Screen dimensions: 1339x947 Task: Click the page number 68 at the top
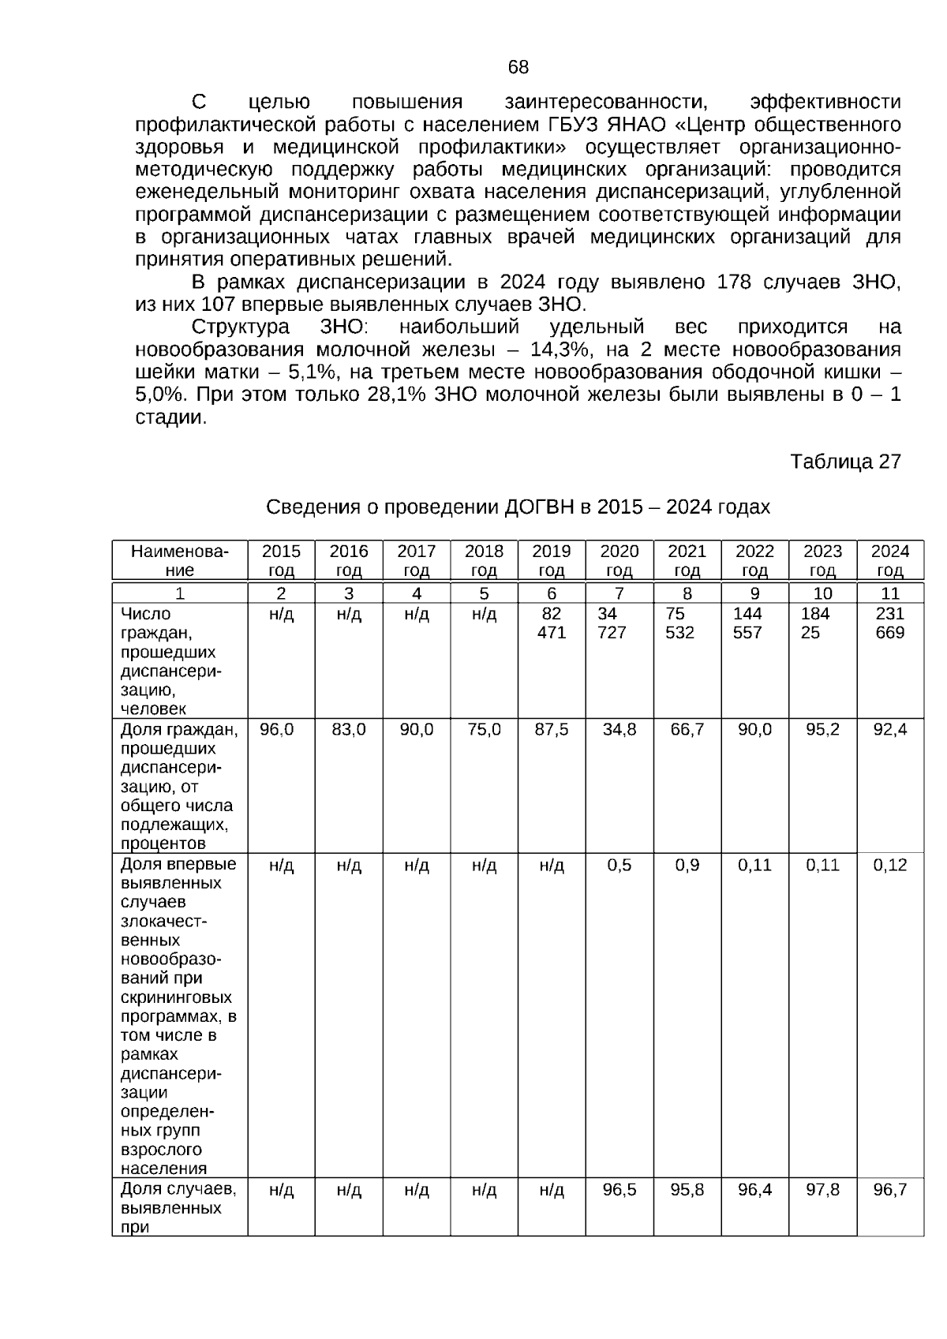pos(518,67)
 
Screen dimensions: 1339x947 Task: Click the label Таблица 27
pos(845,462)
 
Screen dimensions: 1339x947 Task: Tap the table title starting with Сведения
pos(518,507)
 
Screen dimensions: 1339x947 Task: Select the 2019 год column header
pos(552,560)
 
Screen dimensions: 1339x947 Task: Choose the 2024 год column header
pos(889,560)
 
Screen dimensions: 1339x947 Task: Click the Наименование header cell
pos(180,560)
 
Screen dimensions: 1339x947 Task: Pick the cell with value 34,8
pos(619,730)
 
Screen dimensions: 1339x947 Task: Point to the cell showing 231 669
pos(889,623)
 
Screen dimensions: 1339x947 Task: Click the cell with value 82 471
pos(552,623)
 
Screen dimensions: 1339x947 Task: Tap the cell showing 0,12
pos(889,865)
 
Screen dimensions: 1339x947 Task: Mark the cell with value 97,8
pos(822,1190)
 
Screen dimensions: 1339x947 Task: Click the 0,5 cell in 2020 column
pos(619,865)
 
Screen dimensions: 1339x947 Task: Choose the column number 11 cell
pos(889,593)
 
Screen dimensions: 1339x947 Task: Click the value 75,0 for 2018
pos(484,730)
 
